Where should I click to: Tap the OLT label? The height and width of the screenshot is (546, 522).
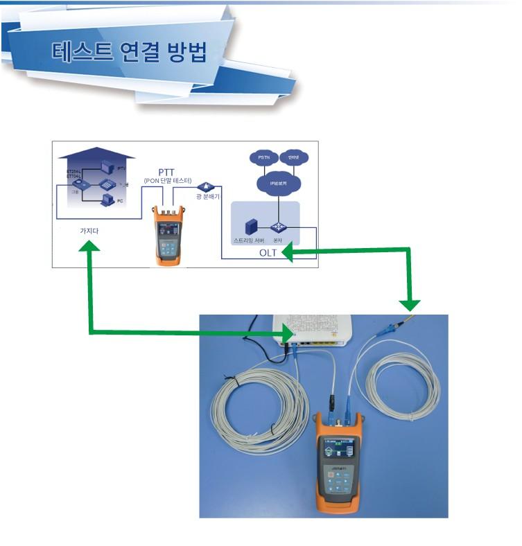268,253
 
